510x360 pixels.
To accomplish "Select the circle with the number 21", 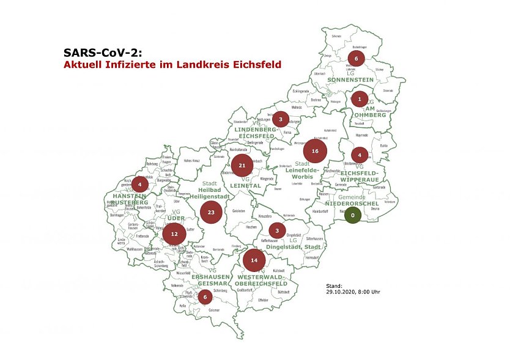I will coord(242,166).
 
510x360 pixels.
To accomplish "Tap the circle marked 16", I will coord(316,150).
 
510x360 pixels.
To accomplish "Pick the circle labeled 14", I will coord(254,260).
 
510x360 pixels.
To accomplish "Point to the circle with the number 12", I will coord(174,233).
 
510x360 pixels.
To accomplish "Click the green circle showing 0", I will coord(353,215).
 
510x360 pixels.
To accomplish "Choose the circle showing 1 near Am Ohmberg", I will coord(360,98).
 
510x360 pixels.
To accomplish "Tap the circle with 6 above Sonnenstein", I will coord(356,59).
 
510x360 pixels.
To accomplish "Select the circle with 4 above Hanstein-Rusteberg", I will coord(140,183).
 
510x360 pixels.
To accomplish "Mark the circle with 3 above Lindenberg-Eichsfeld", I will coord(280,119).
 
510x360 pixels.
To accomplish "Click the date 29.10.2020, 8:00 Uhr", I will coord(353,292).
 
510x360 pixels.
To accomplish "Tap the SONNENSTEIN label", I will coord(351,80).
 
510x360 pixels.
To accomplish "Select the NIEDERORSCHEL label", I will coord(352,204).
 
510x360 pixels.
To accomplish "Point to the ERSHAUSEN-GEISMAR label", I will coord(212,280).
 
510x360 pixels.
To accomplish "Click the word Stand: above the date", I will coord(334,285).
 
